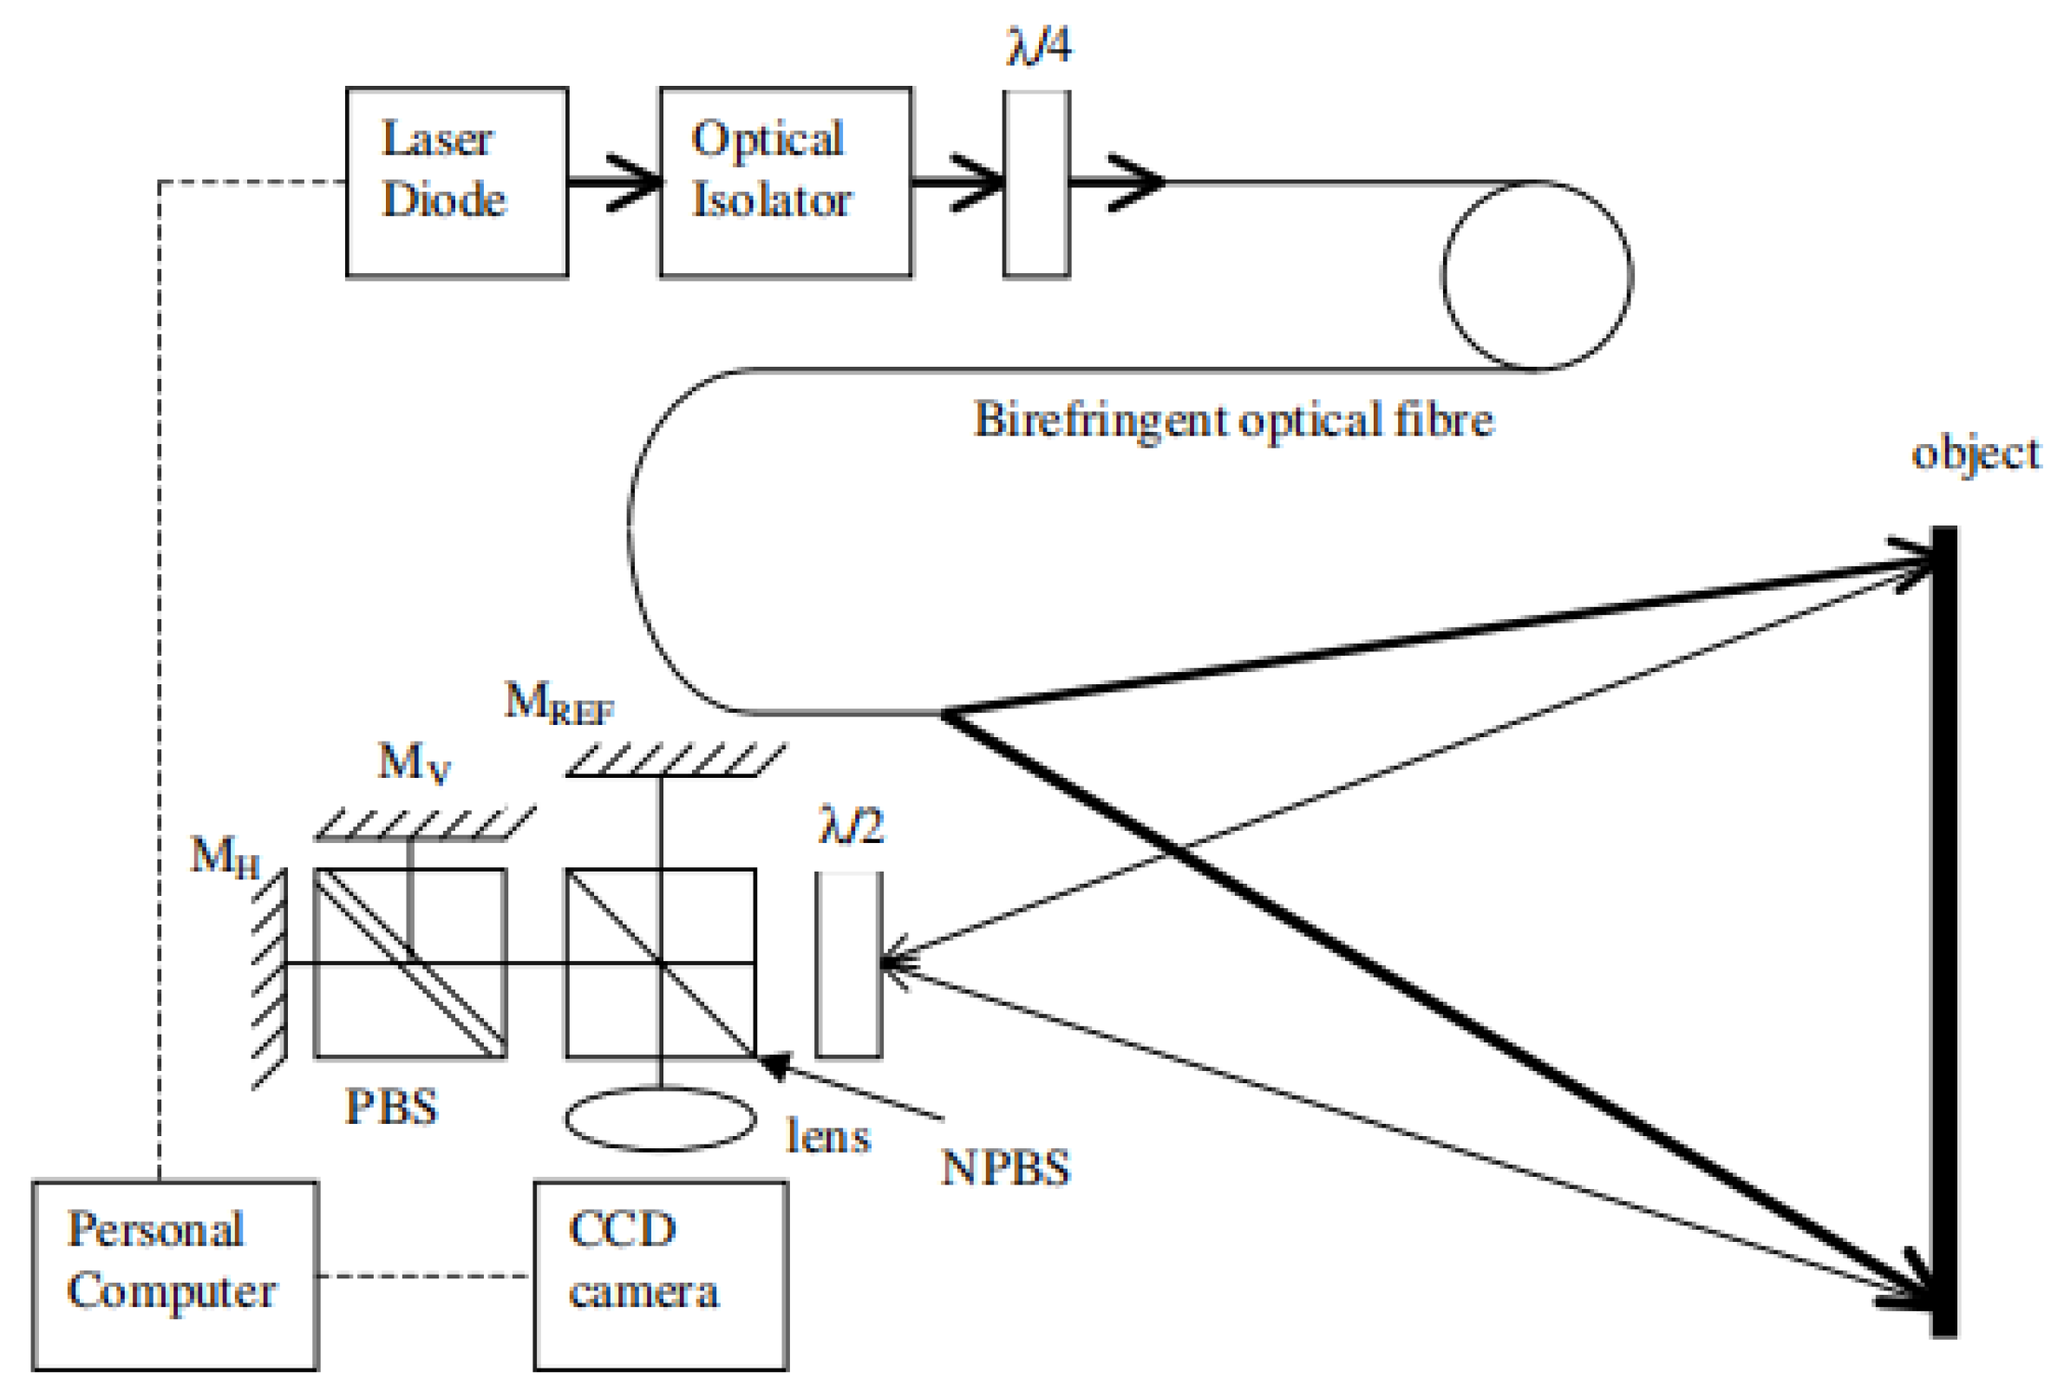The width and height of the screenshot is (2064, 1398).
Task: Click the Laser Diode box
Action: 456,182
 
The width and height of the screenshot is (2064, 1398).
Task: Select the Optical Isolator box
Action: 785,182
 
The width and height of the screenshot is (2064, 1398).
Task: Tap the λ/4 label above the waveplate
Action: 1038,46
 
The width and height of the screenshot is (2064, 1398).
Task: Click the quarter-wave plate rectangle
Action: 1036,184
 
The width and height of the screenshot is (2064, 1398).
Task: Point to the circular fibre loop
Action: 1537,275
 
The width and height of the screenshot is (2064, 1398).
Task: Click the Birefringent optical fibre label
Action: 1233,419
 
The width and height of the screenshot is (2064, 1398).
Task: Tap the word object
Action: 1976,453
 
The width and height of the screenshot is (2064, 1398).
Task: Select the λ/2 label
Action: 850,826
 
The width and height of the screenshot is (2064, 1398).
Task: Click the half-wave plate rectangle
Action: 849,964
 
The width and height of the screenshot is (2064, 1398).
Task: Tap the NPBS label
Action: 1005,1167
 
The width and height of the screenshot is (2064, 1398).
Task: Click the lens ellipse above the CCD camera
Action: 661,1120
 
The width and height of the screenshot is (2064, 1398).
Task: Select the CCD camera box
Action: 661,1276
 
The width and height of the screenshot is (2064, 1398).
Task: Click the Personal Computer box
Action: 175,1276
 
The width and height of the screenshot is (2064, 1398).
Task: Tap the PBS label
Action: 392,1107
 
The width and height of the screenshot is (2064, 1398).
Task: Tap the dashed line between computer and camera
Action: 425,1276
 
